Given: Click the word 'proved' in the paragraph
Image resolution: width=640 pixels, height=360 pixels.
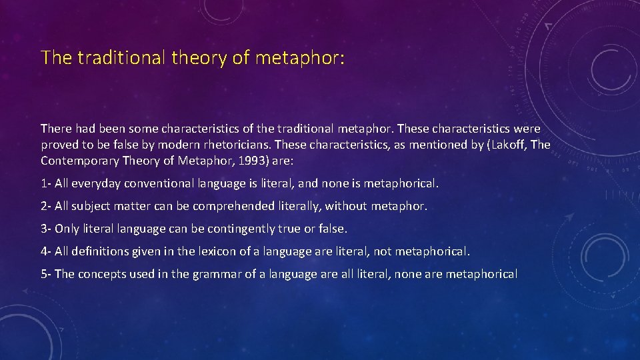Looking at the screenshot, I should (x=58, y=145).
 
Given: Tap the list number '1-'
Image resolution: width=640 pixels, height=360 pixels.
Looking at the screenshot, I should (x=46, y=183).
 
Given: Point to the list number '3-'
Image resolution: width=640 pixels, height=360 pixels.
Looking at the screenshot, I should (x=46, y=229).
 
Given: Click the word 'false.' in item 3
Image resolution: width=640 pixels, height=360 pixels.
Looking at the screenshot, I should (x=332, y=229).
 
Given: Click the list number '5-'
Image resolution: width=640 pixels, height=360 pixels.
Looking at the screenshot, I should (x=46, y=274).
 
